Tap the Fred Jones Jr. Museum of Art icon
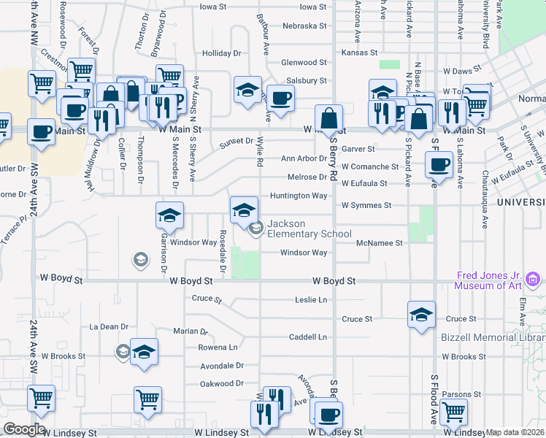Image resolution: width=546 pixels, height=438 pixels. click(x=532, y=279)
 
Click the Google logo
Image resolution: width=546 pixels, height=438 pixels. click(x=24, y=429)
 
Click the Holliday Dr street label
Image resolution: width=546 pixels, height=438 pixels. click(x=221, y=53)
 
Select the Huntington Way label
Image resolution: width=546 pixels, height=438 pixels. click(x=299, y=196)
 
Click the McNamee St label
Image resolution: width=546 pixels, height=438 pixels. click(x=380, y=243)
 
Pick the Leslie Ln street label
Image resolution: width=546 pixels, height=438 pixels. click(x=311, y=299)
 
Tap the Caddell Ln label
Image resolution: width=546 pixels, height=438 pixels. click(x=307, y=337)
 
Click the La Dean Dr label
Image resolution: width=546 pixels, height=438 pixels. click(x=109, y=326)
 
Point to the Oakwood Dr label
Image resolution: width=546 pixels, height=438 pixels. click(x=222, y=383)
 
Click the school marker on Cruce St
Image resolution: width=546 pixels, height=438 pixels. click(x=421, y=315)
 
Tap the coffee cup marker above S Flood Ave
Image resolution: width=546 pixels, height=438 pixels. click(x=439, y=164)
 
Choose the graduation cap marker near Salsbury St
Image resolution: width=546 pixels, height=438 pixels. click(x=247, y=90)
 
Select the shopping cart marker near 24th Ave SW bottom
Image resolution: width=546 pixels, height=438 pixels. click(x=41, y=399)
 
